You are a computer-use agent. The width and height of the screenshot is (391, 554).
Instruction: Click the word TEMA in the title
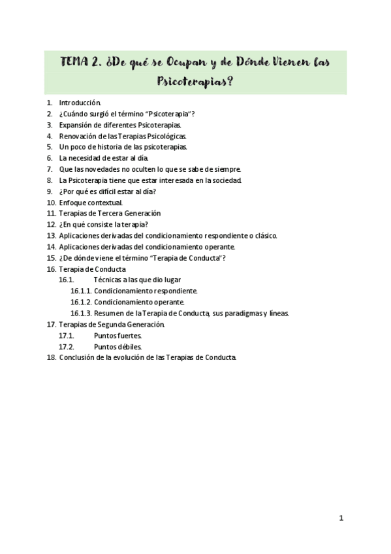76,63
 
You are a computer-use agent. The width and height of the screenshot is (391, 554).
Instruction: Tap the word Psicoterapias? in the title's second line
195,83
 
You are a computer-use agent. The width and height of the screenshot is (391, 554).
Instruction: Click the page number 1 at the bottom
341,518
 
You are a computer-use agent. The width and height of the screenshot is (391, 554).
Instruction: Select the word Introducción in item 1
80,103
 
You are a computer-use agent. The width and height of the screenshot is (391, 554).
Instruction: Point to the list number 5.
50,147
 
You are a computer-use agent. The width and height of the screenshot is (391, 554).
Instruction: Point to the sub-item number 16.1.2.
80,302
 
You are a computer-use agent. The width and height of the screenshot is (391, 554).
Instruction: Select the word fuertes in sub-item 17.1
127,335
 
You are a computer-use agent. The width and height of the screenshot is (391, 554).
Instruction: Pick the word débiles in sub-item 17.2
127,346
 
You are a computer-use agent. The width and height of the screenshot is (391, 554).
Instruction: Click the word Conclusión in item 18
79,357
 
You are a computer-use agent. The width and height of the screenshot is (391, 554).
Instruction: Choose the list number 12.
50,224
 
